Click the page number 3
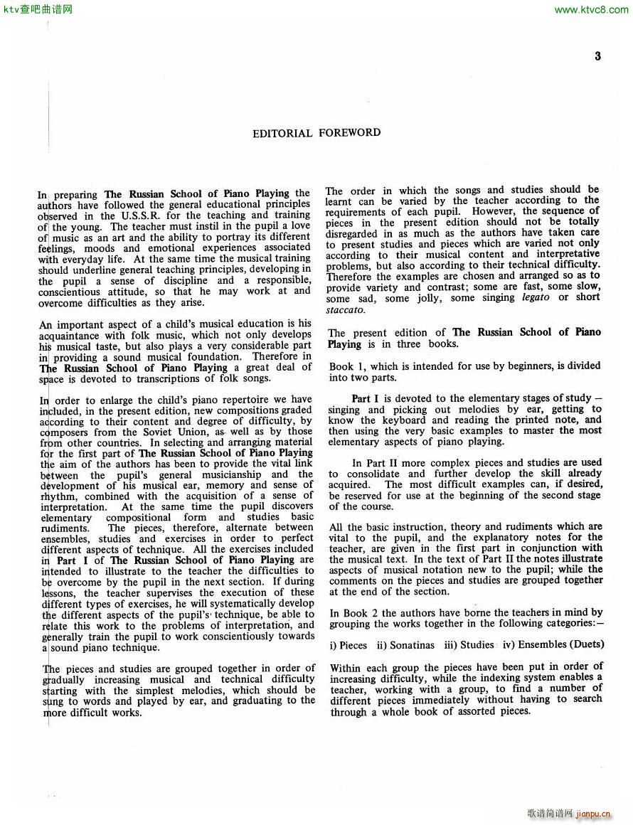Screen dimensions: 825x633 pos(597,56)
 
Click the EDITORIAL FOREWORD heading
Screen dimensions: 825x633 pos(316,133)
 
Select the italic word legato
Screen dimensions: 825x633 pos(536,298)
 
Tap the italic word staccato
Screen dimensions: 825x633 pos(346,310)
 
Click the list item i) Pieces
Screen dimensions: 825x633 pos(349,645)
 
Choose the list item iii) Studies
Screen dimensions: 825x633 pos(468,645)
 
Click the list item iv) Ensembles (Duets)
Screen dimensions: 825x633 pos(553,645)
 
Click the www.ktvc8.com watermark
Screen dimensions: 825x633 pos(590,9)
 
